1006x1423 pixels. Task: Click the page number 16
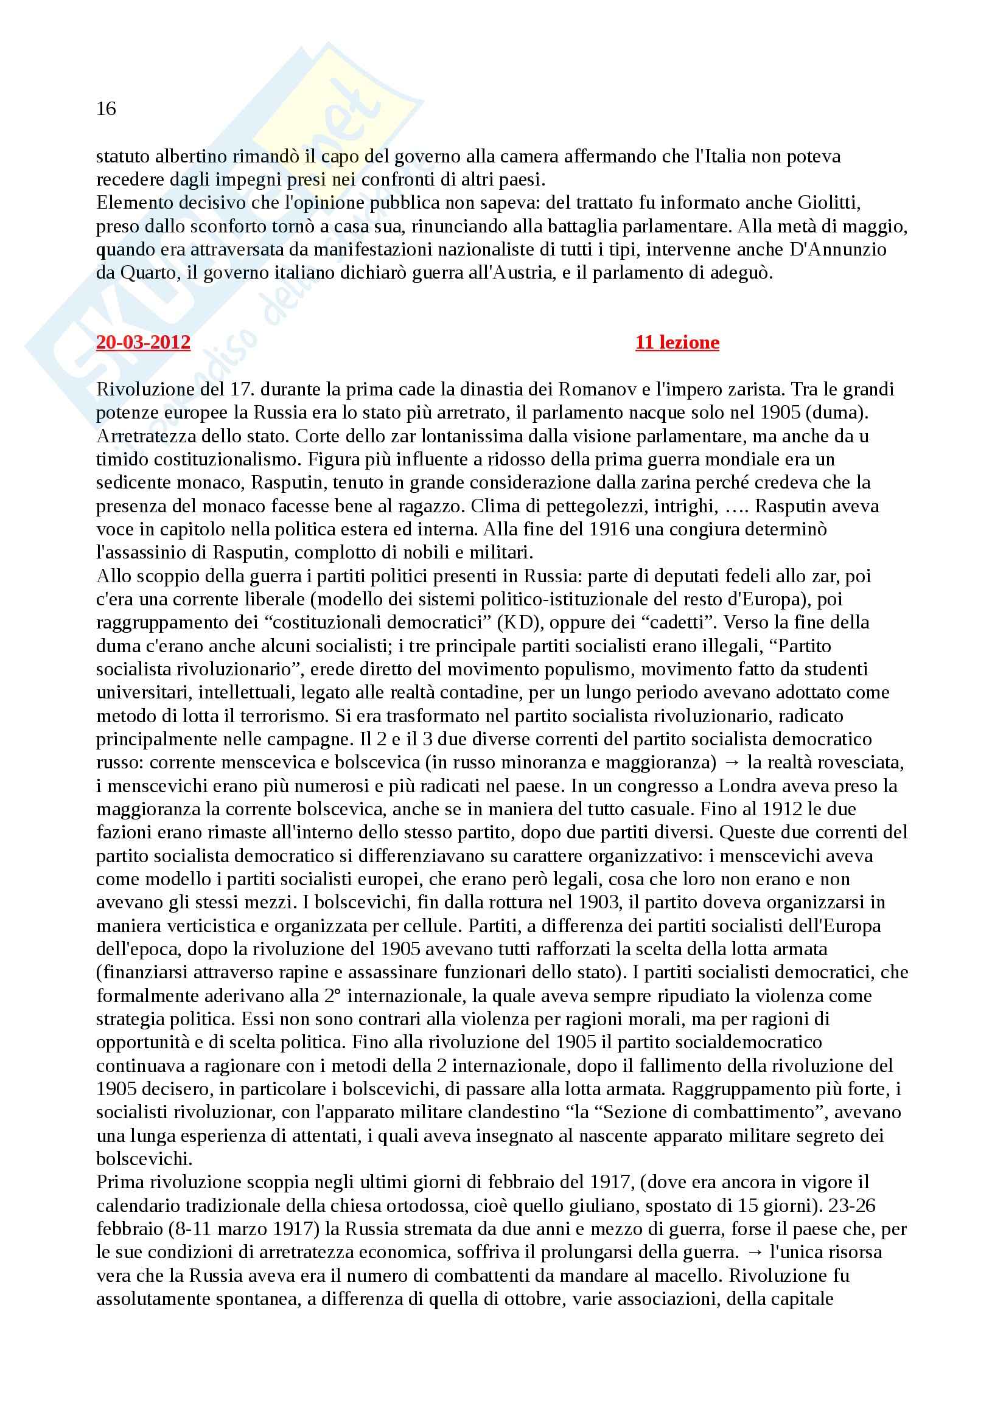(x=106, y=109)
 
